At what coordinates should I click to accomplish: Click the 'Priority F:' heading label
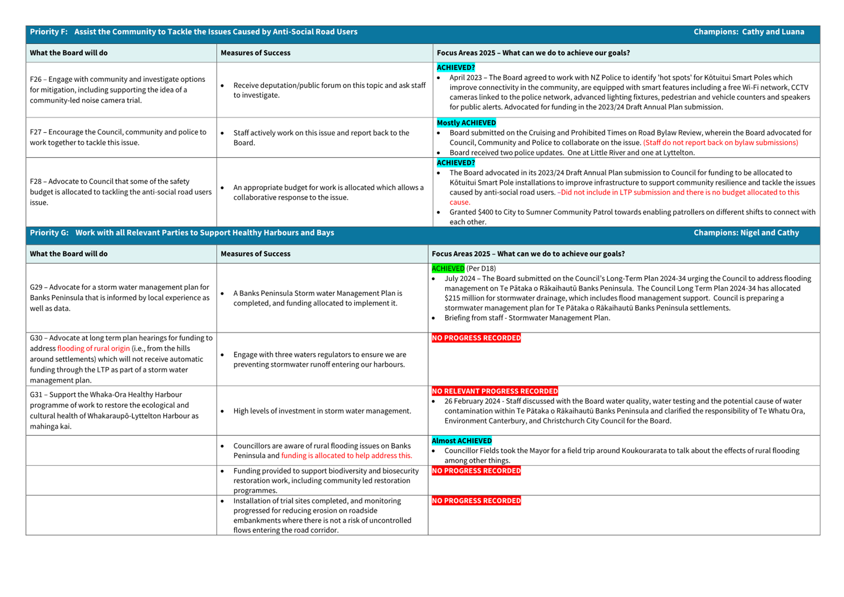tap(49, 32)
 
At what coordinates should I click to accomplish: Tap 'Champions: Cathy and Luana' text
tap(749, 32)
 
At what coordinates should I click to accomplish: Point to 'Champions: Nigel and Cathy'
tap(746, 233)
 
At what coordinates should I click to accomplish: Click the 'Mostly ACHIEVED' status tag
tap(466, 123)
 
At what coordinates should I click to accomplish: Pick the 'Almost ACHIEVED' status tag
tap(461, 441)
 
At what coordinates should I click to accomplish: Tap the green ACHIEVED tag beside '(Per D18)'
tap(448, 269)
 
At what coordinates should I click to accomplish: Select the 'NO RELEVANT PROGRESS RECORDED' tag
tap(494, 391)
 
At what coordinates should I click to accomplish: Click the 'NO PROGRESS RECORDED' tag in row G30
tap(476, 338)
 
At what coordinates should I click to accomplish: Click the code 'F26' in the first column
tap(36, 79)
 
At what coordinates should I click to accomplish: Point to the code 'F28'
tap(36, 182)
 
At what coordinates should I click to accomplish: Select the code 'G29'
tap(36, 287)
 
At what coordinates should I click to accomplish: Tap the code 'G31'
tap(36, 395)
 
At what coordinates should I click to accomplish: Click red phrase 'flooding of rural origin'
tap(93, 349)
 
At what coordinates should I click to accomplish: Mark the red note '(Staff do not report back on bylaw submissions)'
tap(720, 143)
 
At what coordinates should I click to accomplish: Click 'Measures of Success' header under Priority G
tap(255, 254)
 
